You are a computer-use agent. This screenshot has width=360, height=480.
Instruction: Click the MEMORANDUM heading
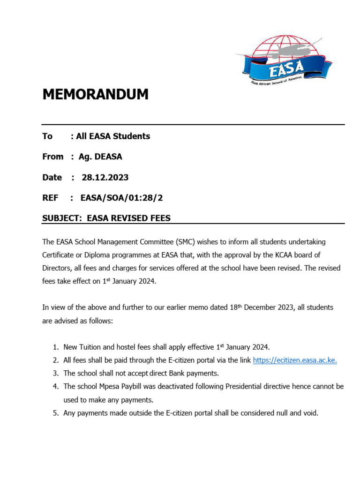(95, 94)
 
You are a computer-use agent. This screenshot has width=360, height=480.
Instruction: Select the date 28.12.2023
(105, 177)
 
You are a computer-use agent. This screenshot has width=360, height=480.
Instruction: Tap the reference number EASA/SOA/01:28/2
(121, 198)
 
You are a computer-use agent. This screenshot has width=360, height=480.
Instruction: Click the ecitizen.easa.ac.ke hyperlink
(295, 360)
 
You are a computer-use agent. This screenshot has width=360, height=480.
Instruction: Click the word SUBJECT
(61, 218)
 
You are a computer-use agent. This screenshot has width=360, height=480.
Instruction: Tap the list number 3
(55, 373)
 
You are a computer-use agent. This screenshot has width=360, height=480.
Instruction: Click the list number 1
(55, 347)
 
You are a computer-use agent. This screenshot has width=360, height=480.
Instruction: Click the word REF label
(50, 198)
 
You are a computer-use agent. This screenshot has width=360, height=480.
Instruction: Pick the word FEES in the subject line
(160, 218)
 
